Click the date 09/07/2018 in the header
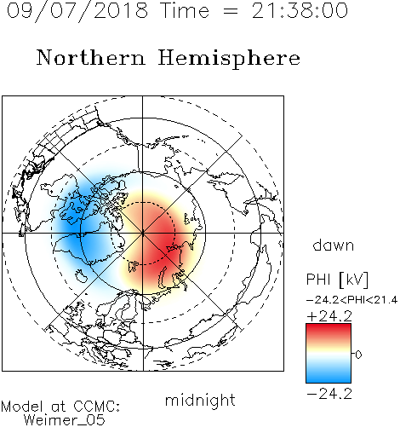(77, 10)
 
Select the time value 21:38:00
(300, 10)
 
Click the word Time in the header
(185, 10)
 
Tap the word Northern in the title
(90, 57)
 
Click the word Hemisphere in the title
(229, 59)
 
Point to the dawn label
(333, 245)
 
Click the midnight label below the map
(200, 401)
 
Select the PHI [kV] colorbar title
(337, 280)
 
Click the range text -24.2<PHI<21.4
(351, 300)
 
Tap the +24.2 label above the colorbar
(329, 316)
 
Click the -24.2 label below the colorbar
(329, 394)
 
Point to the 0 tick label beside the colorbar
(358, 355)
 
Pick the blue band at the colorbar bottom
(329, 378)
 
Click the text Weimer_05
(65, 420)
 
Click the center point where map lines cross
(143, 233)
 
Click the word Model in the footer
(22, 407)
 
